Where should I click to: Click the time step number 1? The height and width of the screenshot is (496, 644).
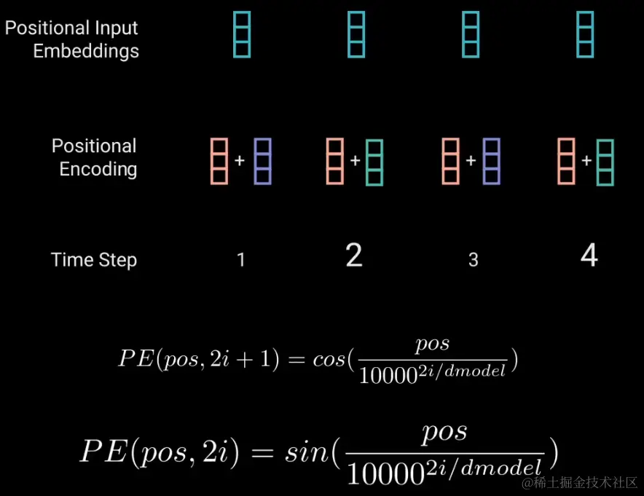(x=241, y=260)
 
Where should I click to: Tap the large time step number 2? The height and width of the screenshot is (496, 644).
(x=353, y=256)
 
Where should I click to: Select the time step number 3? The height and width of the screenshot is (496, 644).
(x=473, y=260)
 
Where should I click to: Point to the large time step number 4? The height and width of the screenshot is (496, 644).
(x=589, y=256)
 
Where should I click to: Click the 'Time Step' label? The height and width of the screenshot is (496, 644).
(x=94, y=260)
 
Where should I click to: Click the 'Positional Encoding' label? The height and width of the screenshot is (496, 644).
(x=95, y=157)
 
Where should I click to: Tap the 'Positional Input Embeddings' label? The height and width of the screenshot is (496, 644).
(x=71, y=40)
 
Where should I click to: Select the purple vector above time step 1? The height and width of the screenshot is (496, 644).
(x=263, y=160)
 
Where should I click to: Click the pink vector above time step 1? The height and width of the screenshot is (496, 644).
(x=219, y=160)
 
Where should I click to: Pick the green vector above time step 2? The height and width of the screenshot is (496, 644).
(x=374, y=162)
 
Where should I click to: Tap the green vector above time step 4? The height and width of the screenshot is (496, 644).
(x=605, y=162)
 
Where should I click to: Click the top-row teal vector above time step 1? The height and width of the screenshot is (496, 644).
(x=242, y=34)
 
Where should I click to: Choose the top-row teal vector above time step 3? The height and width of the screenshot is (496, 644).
(x=471, y=34)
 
